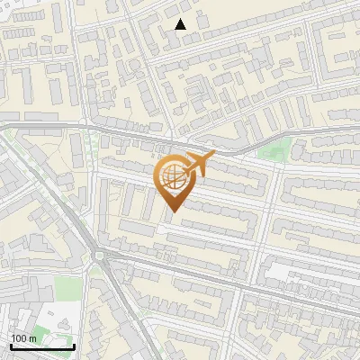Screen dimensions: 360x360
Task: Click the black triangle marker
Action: tap(181, 24)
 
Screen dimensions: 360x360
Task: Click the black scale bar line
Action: tap(41, 346)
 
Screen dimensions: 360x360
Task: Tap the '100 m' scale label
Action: tap(23, 338)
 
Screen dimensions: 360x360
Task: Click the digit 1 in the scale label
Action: tap(13, 338)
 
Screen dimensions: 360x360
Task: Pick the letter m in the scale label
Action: tap(33, 338)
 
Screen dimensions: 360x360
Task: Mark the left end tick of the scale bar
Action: tap(10, 345)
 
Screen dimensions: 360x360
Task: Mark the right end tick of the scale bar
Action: tap(74, 345)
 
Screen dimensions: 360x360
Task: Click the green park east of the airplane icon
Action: tap(283, 149)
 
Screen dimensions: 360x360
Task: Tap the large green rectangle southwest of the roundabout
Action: tap(65, 288)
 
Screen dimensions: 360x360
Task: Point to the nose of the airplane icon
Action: tap(213, 155)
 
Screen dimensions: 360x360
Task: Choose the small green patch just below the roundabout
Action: tap(95, 271)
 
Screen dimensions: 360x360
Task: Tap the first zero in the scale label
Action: tap(19, 338)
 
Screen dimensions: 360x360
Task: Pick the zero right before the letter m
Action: tap(25, 338)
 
